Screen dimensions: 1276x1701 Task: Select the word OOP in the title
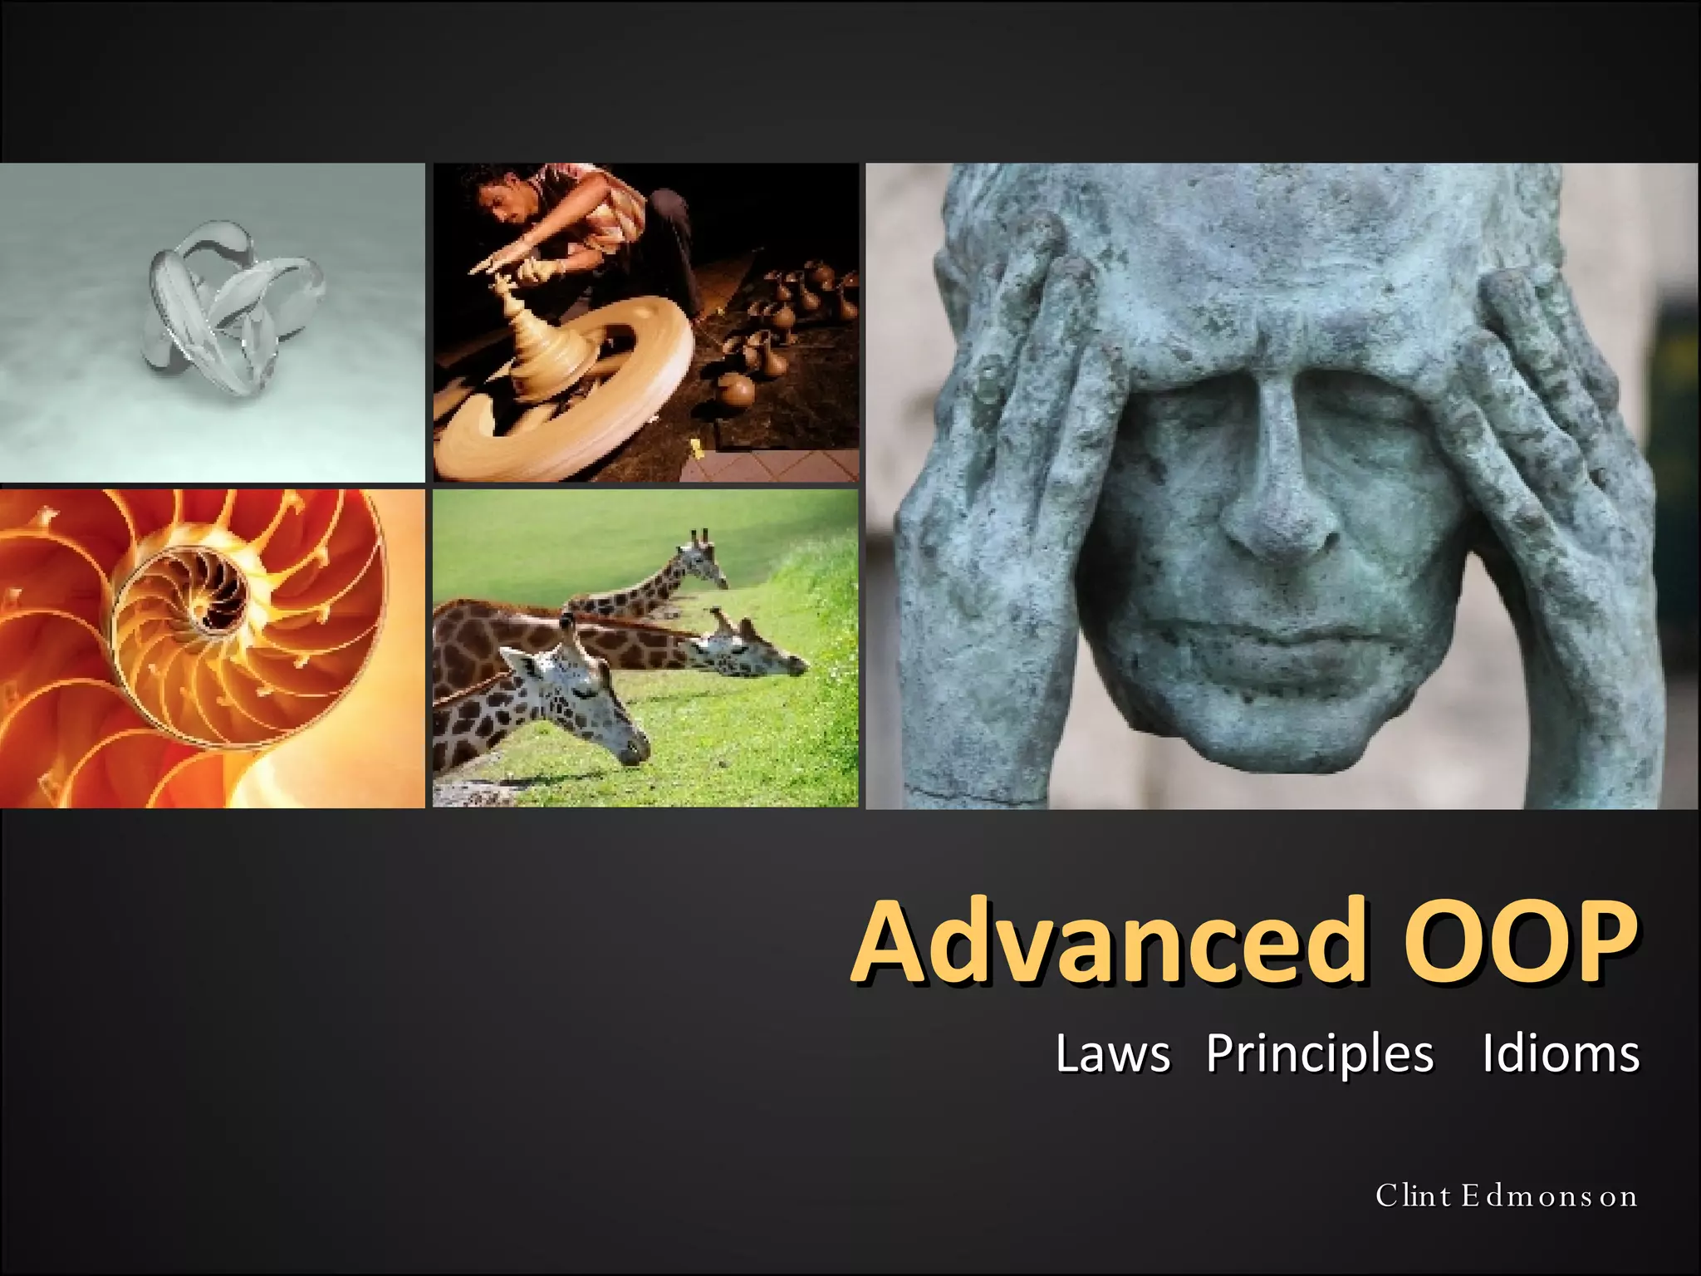[x=1520, y=942]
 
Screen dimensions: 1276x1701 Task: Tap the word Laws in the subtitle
[x=1112, y=1054]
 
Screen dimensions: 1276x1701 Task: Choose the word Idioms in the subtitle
[x=1561, y=1054]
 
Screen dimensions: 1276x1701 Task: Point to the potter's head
[x=502, y=208]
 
